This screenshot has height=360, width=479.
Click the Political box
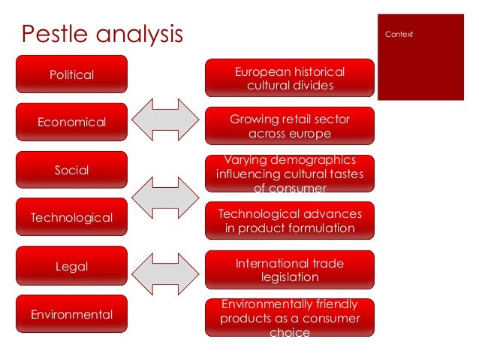72,74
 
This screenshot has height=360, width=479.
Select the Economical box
72,122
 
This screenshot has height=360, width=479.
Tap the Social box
72,170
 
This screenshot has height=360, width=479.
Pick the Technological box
72,218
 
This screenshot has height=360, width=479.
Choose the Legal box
72,266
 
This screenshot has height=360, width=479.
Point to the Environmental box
72,314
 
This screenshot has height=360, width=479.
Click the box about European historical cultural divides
290,78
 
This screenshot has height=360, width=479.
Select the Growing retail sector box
290,126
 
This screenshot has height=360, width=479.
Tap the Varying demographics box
290,174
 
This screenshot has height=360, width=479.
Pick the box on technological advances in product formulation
290,221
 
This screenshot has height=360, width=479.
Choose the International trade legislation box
290,270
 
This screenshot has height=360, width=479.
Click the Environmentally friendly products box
290,317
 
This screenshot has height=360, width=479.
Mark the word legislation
290,277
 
